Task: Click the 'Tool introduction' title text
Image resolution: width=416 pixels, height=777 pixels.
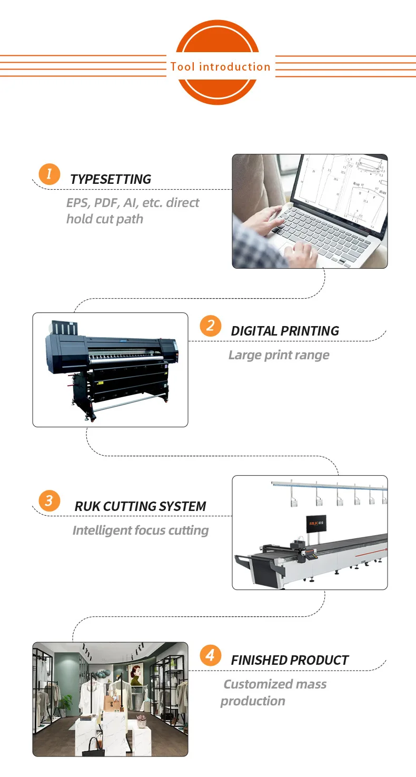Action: pos(220,67)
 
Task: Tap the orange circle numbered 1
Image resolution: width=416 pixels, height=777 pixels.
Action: pos(49,174)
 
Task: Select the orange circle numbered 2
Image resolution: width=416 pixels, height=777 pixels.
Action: pos(211,326)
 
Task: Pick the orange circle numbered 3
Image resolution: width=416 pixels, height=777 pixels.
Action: pos(49,500)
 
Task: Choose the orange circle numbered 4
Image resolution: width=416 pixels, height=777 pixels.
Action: pos(211,655)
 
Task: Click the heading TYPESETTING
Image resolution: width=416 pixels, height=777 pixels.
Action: pos(111,179)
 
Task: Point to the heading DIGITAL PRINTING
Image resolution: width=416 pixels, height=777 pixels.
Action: pos(285,331)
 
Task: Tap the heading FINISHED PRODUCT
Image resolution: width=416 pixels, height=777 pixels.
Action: pos(290,660)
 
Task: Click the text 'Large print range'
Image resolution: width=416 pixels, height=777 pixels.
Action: pos(279,355)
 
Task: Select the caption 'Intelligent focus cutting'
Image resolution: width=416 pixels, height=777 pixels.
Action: pos(140,530)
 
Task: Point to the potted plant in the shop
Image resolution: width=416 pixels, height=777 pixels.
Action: pos(66,703)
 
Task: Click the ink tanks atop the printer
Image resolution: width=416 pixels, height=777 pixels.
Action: pos(63,329)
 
